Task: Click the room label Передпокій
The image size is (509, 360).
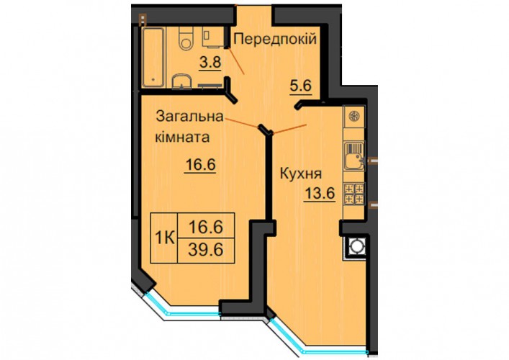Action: [275, 40]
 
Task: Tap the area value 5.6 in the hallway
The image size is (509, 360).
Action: [301, 86]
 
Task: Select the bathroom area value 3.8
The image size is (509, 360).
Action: [210, 62]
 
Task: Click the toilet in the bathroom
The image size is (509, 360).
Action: [186, 38]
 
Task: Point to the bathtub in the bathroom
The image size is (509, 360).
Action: [153, 57]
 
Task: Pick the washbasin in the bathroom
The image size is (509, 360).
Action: [181, 81]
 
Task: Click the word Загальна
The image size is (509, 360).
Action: [190, 116]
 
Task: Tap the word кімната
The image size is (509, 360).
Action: [182, 137]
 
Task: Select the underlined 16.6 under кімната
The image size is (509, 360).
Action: [200, 165]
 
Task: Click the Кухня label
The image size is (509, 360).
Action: [301, 174]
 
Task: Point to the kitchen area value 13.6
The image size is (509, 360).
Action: [320, 194]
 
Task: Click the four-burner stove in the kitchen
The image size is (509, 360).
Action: [354, 194]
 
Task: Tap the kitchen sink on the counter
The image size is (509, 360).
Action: [354, 156]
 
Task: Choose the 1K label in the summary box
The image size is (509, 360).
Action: [164, 238]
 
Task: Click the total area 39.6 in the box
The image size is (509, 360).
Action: [206, 251]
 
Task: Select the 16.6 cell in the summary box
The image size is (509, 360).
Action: [206, 226]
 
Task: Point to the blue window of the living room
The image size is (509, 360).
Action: [181, 307]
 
